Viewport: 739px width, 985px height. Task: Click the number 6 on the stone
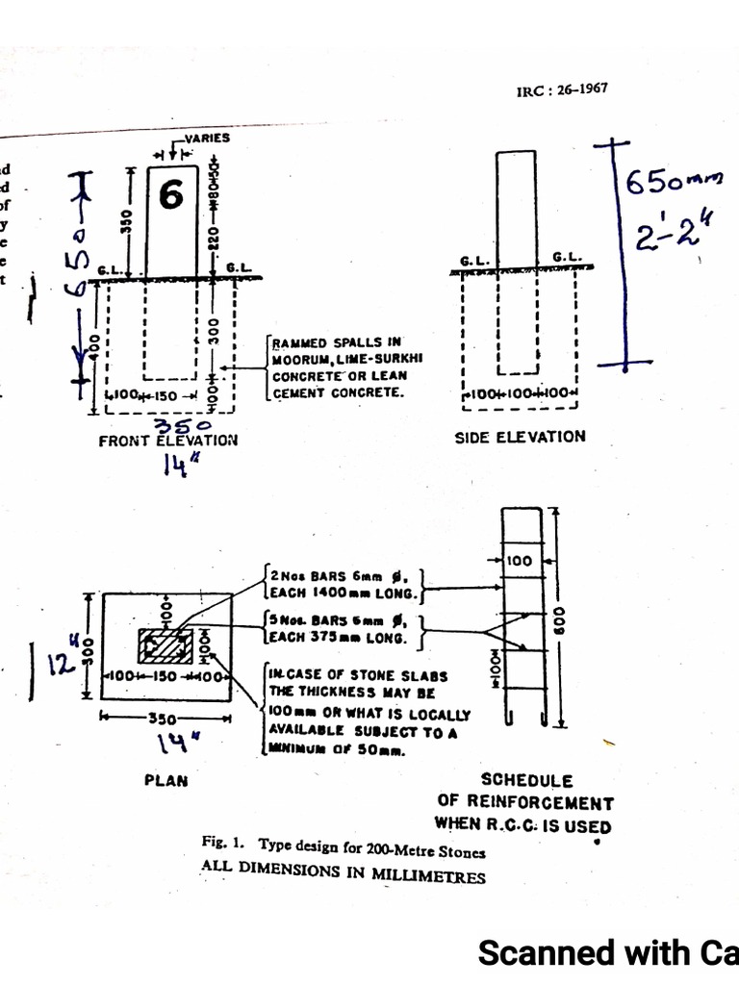(171, 195)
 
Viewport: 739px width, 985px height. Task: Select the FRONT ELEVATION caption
(167, 441)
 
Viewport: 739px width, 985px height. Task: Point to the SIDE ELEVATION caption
(520, 437)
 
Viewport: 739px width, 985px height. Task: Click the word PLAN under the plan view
(166, 780)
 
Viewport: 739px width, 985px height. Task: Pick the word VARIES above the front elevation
(208, 139)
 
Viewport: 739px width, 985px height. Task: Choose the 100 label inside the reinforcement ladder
(521, 560)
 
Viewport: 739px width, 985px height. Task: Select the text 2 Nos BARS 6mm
(327, 576)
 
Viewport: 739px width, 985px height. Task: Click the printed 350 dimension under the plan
(165, 718)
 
